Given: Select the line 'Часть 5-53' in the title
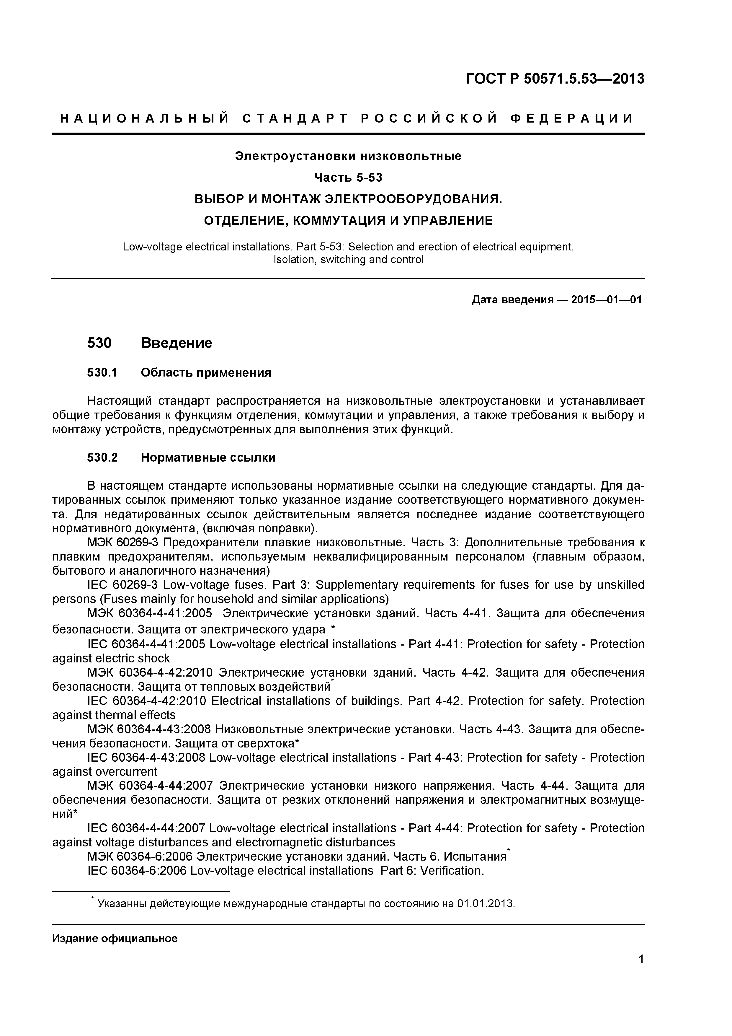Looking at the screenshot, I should (x=348, y=178).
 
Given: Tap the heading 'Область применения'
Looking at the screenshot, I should (x=206, y=373).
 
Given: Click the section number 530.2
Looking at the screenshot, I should (x=102, y=457).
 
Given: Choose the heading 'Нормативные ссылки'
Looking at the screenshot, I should (x=208, y=457).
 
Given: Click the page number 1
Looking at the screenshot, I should (x=641, y=972).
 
